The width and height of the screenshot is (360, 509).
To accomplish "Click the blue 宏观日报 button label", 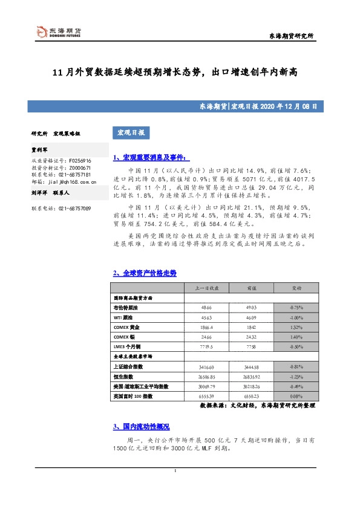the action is point(129,132).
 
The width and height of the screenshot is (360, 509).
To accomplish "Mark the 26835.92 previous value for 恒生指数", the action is point(250,377).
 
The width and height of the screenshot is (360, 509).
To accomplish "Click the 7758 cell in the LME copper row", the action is point(250,347).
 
